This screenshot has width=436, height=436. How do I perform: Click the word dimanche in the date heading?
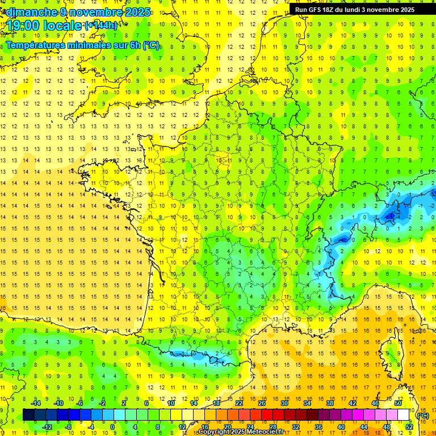31,12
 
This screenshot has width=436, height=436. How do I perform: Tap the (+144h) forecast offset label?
101,26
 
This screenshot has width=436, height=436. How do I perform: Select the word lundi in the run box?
356,10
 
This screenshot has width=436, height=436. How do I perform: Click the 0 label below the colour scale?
112,427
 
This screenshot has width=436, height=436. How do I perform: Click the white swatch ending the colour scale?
404,415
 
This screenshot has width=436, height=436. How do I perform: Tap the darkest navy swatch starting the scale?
28,415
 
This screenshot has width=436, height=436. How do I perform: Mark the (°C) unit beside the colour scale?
422,415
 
